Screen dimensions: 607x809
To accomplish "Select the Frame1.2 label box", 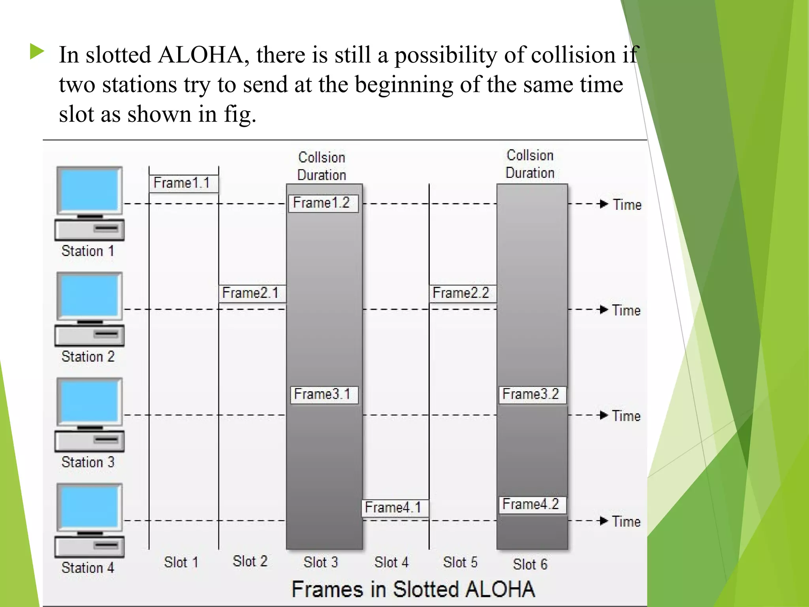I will point(323,204).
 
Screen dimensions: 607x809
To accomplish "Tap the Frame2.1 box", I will point(252,294).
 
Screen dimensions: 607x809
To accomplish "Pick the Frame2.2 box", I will point(462,294).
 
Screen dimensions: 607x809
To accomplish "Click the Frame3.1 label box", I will point(324,394).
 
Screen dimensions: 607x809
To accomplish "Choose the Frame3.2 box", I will point(532,394).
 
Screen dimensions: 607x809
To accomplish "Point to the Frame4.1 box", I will point(395,508).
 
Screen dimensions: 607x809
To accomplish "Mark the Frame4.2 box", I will point(532,505).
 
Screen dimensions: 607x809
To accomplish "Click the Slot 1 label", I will point(181,562).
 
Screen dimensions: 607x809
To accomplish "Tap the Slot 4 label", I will point(391,562).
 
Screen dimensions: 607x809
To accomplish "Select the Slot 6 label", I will point(530,564).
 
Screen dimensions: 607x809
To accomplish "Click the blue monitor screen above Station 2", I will point(90,296).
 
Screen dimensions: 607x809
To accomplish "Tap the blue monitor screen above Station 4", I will point(90,507).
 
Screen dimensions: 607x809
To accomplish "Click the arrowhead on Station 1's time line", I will point(603,204).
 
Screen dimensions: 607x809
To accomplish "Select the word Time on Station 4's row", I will point(627,522).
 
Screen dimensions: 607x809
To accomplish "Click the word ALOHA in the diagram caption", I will point(500,589).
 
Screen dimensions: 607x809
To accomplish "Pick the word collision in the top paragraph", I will point(572,55).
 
